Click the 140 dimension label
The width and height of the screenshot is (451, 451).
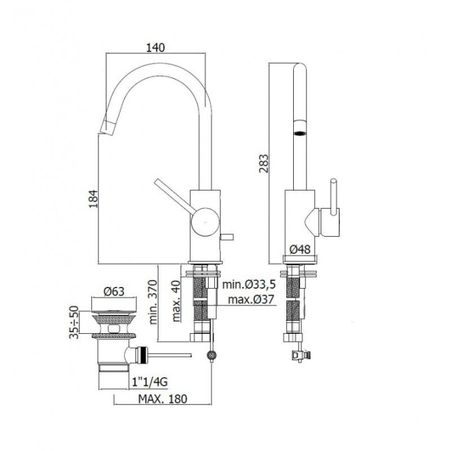pos(155,48)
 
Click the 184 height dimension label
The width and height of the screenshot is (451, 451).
pos(93,199)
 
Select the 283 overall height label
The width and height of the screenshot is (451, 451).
pos(264,163)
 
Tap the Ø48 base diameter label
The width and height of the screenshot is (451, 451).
pos(300,249)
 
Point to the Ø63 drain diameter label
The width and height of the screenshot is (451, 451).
pos(114,291)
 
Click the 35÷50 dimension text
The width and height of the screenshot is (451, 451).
pos(74,322)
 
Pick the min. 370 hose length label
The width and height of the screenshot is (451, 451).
pos(153,302)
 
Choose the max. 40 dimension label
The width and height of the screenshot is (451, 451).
pos(176,301)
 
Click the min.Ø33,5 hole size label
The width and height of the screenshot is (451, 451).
pos(249,284)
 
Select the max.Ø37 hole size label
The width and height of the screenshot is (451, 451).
pos(251,299)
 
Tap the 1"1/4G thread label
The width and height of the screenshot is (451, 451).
pos(150,382)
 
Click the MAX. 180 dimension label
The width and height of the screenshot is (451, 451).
pos(162,399)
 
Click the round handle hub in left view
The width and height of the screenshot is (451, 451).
pos(205,222)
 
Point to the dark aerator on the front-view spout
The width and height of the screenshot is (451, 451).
pos(299,133)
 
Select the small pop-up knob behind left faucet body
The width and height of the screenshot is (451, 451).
pos(227,237)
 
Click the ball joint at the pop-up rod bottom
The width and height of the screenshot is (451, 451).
pos(212,356)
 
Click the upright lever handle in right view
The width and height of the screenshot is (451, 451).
pos(334,197)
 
